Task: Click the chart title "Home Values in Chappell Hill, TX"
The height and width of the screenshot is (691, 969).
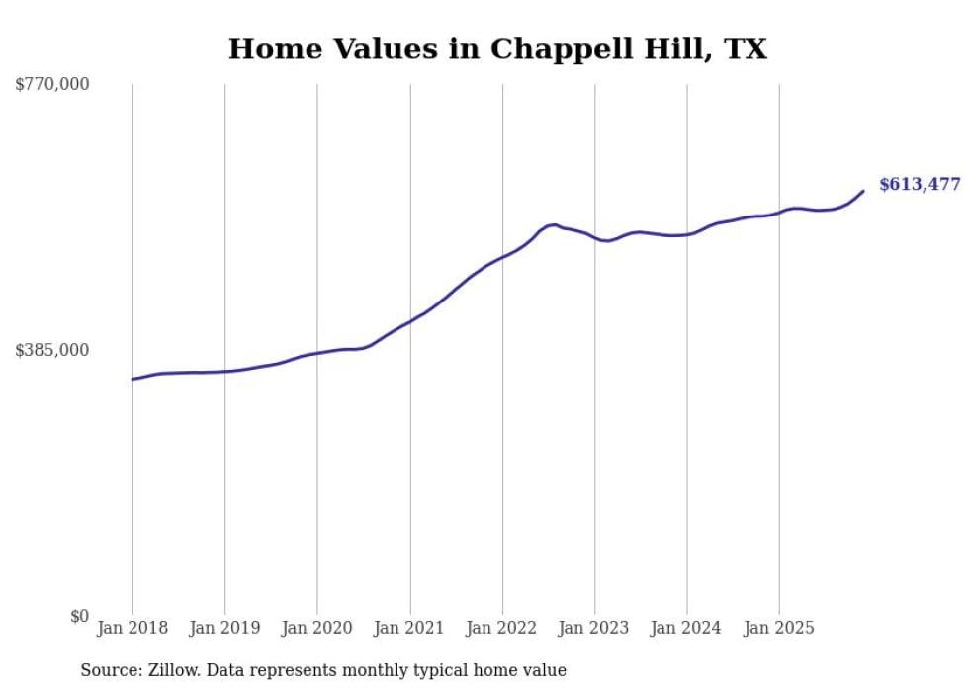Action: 497,48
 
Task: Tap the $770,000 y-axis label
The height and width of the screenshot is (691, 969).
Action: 52,85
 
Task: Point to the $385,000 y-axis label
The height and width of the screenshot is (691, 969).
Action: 52,350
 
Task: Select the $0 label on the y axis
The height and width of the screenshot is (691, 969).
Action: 79,617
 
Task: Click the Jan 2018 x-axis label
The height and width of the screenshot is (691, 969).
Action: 132,628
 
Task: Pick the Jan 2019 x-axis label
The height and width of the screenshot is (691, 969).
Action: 224,628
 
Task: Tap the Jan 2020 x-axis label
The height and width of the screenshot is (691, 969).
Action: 317,628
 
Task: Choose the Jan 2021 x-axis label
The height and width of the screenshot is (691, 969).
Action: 409,628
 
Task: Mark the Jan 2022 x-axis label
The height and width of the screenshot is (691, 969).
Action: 502,628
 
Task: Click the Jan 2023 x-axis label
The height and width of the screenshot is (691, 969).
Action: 594,628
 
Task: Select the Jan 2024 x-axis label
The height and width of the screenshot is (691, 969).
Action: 687,628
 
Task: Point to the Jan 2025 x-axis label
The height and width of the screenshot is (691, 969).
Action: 779,628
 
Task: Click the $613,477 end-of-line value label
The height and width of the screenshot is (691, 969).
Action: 920,185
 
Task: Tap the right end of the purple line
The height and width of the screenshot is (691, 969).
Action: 863,191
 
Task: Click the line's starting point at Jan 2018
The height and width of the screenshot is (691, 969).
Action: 132,379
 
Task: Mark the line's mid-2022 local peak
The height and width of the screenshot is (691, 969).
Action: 553,224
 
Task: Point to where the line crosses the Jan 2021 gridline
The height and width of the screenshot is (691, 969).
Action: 409,321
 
